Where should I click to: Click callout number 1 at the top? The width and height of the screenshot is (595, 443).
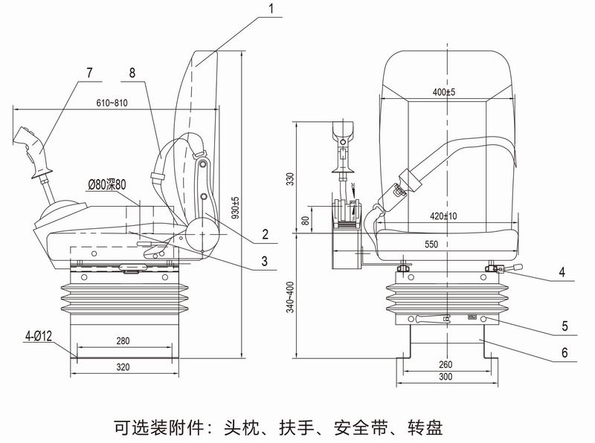pyautogui.click(x=272, y=9)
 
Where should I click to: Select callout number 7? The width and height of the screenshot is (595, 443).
pyautogui.click(x=89, y=72)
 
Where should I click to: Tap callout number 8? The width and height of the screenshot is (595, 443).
pyautogui.click(x=132, y=72)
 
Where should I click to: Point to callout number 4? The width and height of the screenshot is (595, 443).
pyautogui.click(x=562, y=273)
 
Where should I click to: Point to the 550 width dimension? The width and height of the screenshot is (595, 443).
pyautogui.click(x=444, y=244)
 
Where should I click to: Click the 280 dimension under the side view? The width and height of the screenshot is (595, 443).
pyautogui.click(x=123, y=341)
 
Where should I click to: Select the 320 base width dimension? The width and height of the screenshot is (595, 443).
pyautogui.click(x=123, y=367)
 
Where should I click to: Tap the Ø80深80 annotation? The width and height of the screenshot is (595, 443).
pyautogui.click(x=108, y=184)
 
